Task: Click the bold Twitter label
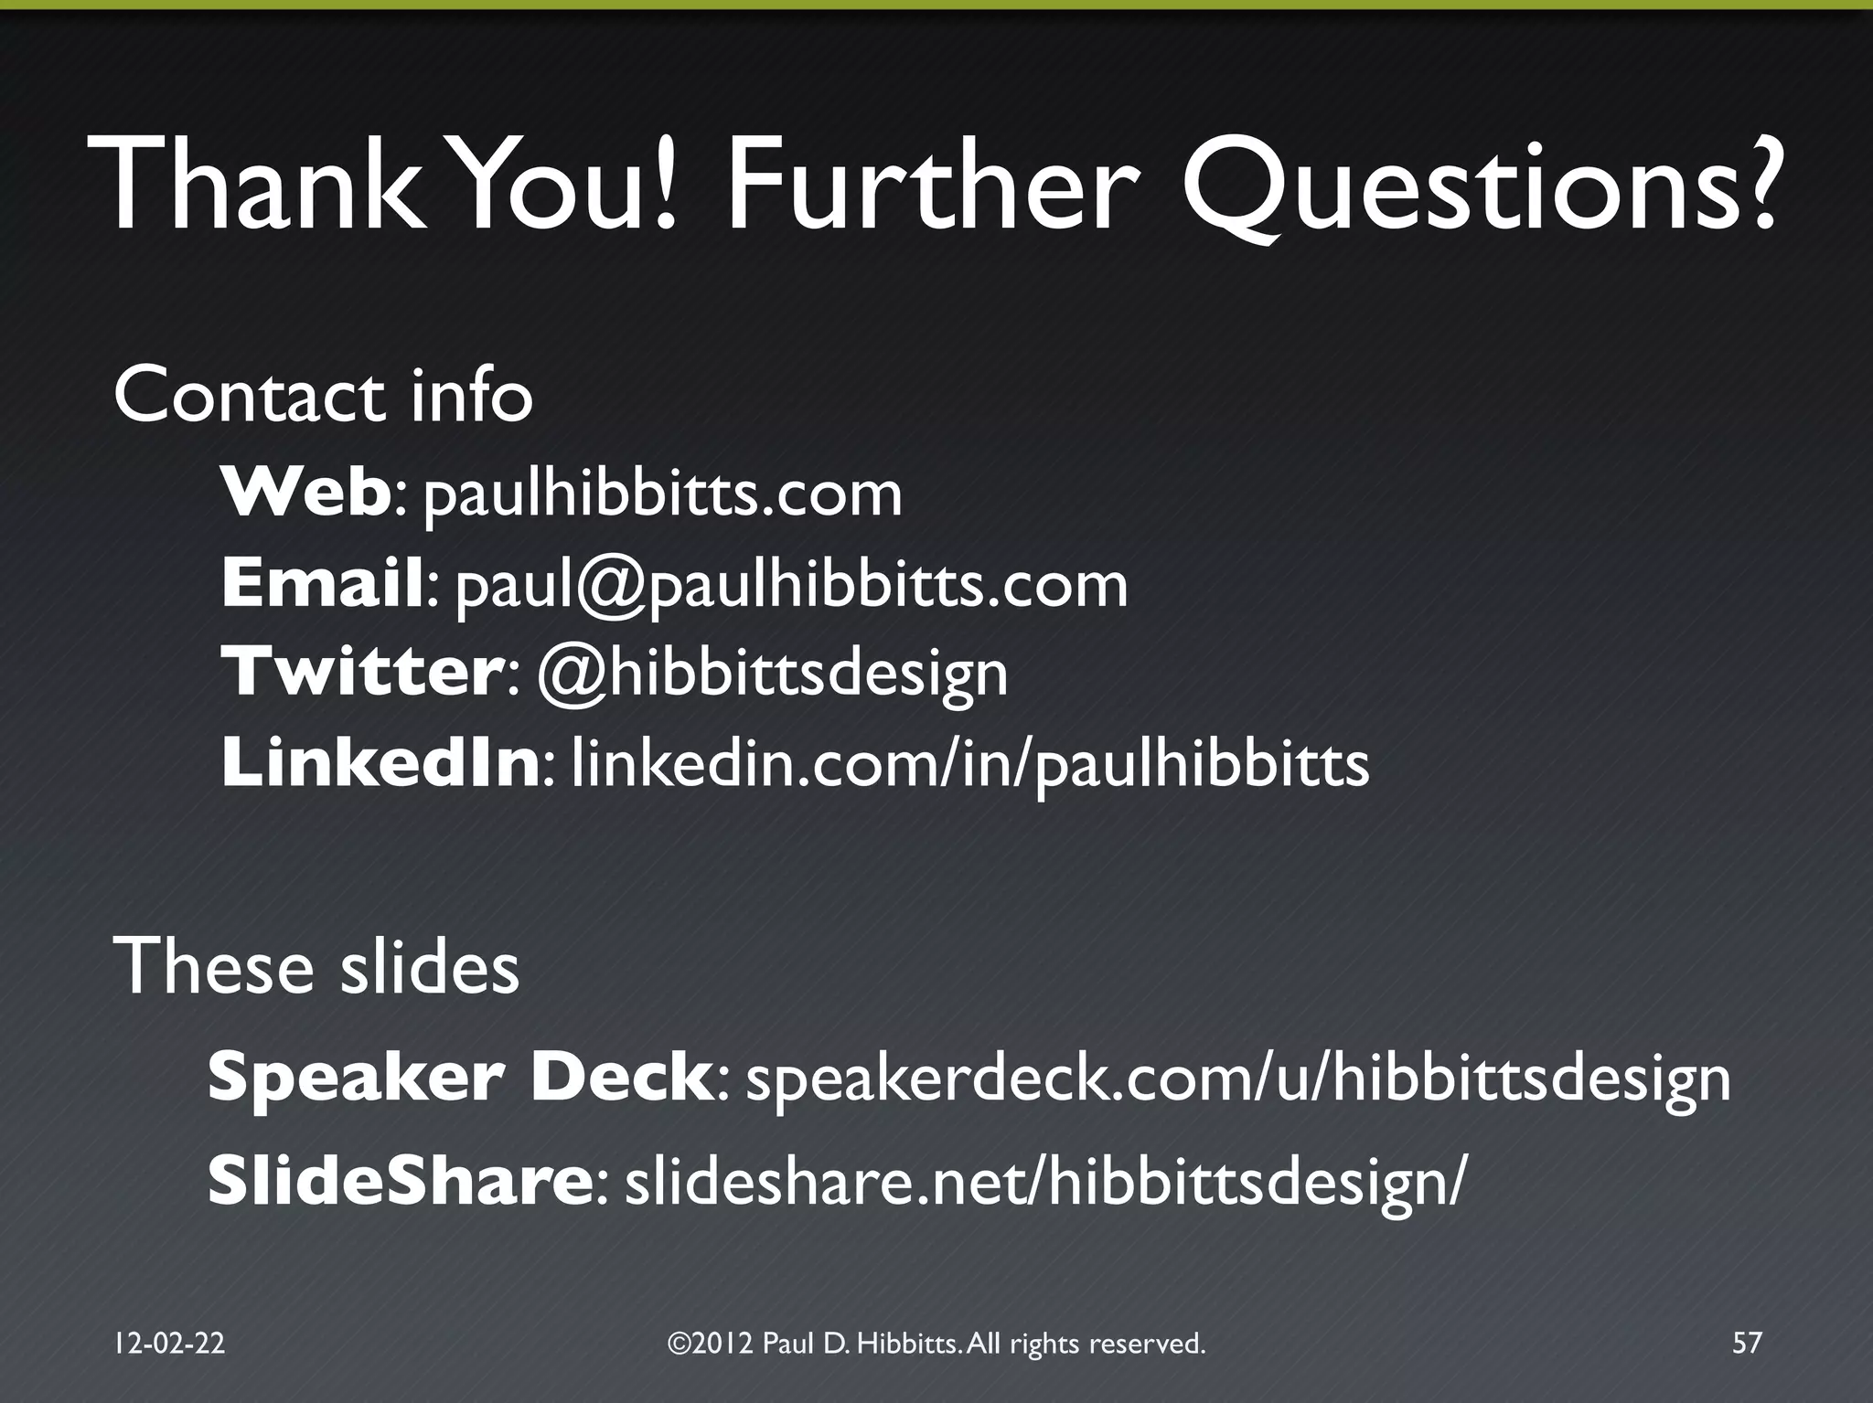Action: [362, 672]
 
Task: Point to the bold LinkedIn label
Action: [380, 763]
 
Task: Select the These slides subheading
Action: [316, 967]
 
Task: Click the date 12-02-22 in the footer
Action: [169, 1343]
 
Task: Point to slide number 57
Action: [1747, 1343]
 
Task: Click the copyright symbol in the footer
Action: [679, 1343]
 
